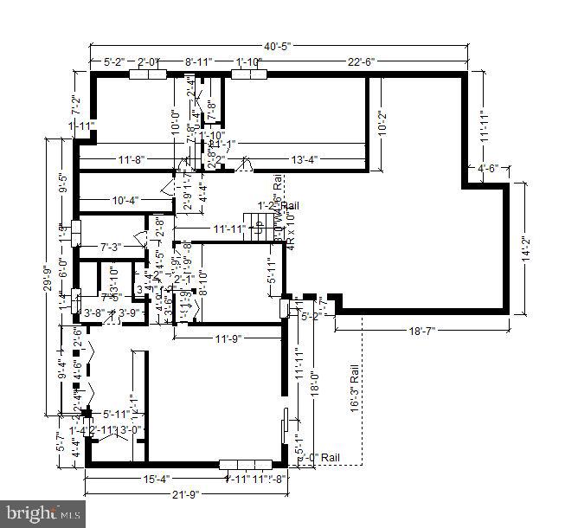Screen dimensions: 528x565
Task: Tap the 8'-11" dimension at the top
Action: click(201, 61)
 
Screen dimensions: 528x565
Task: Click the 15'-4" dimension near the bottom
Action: click(157, 479)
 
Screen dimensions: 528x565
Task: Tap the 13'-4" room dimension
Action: click(309, 159)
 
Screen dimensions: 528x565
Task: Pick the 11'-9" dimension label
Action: click(229, 338)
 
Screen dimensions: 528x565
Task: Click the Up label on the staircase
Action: click(257, 229)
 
